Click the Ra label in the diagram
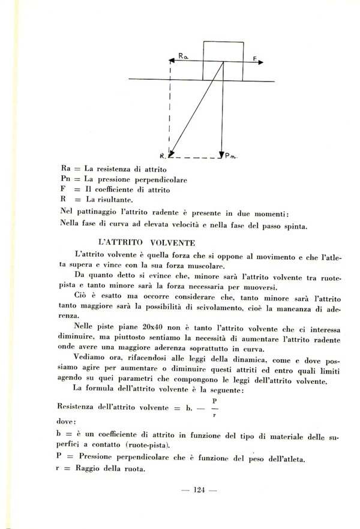(x=184, y=56)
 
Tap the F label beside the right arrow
(x=255, y=58)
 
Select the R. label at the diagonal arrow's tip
(x=164, y=155)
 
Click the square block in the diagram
(x=223, y=61)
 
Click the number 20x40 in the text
(x=145, y=326)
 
